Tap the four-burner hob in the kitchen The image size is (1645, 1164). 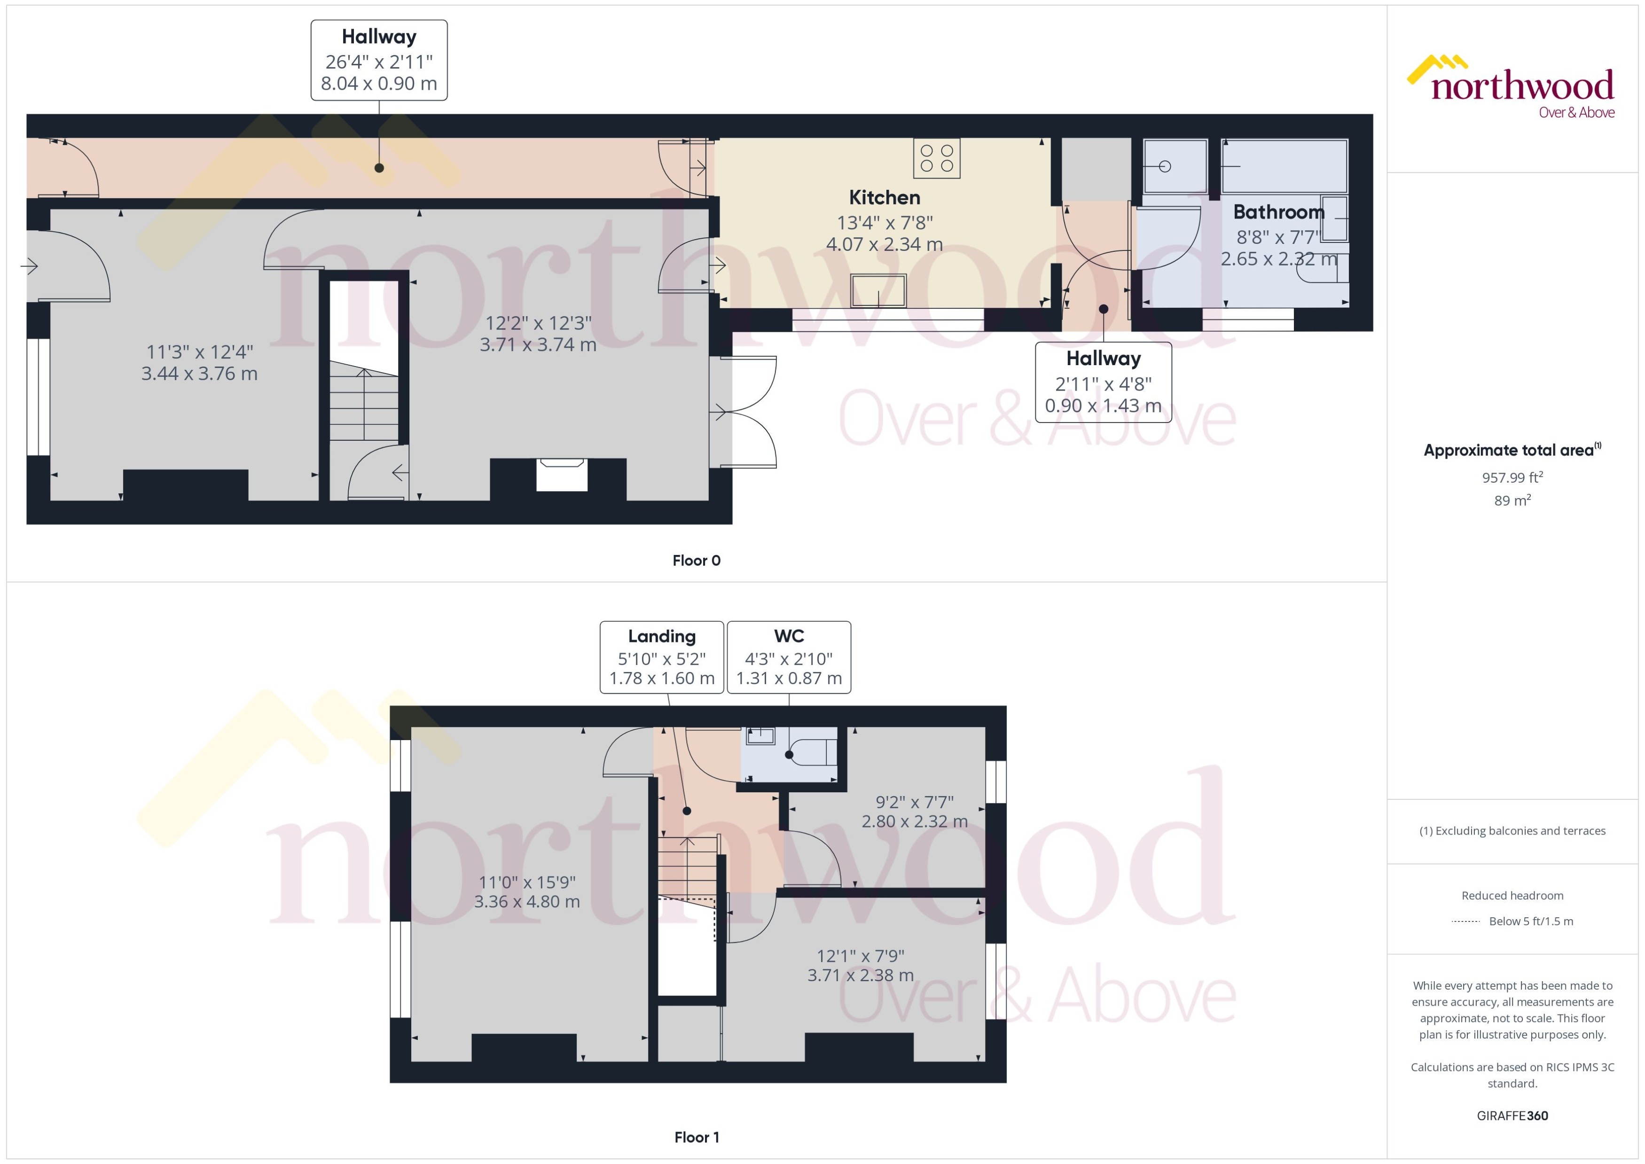click(x=936, y=158)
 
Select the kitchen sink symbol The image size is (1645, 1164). click(x=878, y=290)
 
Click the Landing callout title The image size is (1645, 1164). click(x=662, y=636)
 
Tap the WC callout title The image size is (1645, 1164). click(x=789, y=636)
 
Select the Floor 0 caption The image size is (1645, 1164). click(x=696, y=561)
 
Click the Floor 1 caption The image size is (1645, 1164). click(x=696, y=1137)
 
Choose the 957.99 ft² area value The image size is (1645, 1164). click(x=1512, y=477)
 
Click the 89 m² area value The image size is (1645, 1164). click(x=1512, y=500)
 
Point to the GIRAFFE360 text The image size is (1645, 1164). click(x=1512, y=1115)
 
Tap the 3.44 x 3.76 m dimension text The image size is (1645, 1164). click(x=199, y=374)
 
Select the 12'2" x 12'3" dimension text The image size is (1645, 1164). click(x=538, y=323)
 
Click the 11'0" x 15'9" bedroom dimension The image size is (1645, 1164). click(x=527, y=883)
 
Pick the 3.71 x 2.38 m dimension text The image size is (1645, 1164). click(x=860, y=976)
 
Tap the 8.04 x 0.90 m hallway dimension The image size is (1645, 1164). click(x=378, y=84)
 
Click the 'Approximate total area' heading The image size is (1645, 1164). click(x=1508, y=450)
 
